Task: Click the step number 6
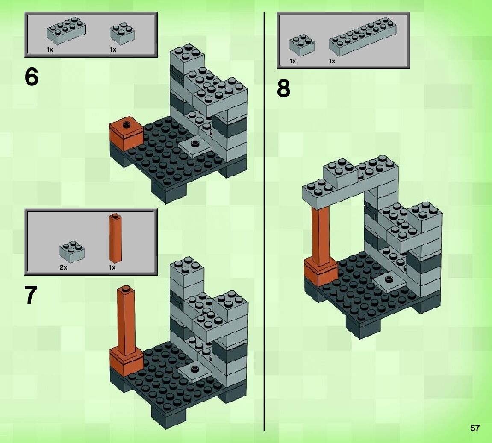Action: (x=31, y=77)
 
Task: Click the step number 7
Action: (x=31, y=295)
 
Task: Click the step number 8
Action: (x=284, y=88)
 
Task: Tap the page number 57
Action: (x=475, y=428)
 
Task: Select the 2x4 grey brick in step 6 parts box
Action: (x=67, y=30)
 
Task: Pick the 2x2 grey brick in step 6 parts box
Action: (x=123, y=33)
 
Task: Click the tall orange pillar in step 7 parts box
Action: (x=115, y=238)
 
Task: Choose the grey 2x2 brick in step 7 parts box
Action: (x=72, y=250)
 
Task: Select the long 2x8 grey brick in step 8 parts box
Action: (x=363, y=36)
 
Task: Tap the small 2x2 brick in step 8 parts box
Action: (x=302, y=45)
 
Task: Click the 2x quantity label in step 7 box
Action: (x=63, y=267)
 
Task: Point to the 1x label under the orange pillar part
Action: (x=112, y=267)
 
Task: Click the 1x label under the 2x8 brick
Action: (x=332, y=61)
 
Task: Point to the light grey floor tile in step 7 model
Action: (x=194, y=370)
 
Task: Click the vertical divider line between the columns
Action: (x=264, y=221)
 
